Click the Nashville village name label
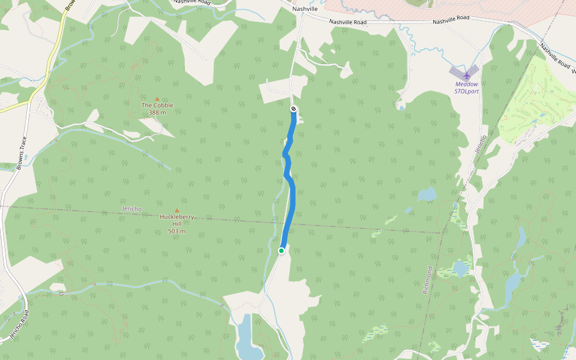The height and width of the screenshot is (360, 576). pyautogui.click(x=305, y=9)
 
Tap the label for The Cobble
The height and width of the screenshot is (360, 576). pyautogui.click(x=157, y=105)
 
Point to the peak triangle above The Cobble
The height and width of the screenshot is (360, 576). pyautogui.click(x=157, y=98)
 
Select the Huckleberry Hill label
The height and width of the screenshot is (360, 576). pyautogui.click(x=176, y=220)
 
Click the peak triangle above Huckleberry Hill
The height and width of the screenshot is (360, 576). pyautogui.click(x=176, y=210)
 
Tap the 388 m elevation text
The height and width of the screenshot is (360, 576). pyautogui.click(x=157, y=112)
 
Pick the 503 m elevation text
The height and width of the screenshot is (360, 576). pyautogui.click(x=176, y=231)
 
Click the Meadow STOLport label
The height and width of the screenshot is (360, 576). pyautogui.click(x=467, y=88)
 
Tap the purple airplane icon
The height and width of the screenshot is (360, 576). pyautogui.click(x=467, y=76)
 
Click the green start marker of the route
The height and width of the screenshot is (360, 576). pyautogui.click(x=281, y=251)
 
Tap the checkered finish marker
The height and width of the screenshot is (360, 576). pyautogui.click(x=293, y=109)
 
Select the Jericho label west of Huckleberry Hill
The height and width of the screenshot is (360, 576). pyautogui.click(x=131, y=209)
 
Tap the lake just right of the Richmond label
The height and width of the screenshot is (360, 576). pyautogui.click(x=461, y=267)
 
